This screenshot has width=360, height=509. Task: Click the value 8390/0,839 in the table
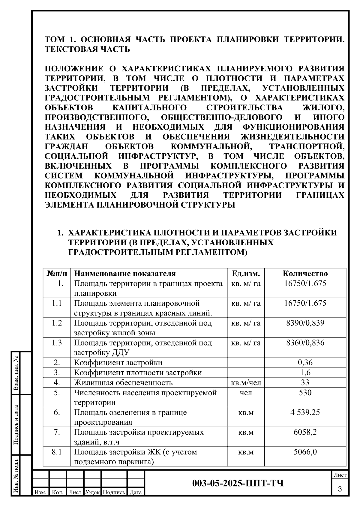tap(305, 323)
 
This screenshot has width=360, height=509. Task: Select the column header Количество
tap(305, 274)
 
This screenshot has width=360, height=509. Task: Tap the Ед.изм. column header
tap(246, 274)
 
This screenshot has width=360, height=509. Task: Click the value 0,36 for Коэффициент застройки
tap(305, 363)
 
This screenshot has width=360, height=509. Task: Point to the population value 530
tap(305, 393)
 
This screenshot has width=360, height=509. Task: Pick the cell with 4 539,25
tap(305, 412)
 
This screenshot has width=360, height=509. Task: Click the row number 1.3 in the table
tap(57, 343)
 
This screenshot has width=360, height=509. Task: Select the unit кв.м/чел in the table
tap(246, 383)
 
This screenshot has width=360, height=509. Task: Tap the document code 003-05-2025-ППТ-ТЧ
tap(238, 484)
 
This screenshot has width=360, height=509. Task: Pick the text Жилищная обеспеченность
tap(123, 383)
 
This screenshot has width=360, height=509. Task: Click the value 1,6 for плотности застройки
tap(305, 373)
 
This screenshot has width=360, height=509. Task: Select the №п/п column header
tap(57, 274)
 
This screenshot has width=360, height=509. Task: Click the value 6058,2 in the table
tap(305, 432)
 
